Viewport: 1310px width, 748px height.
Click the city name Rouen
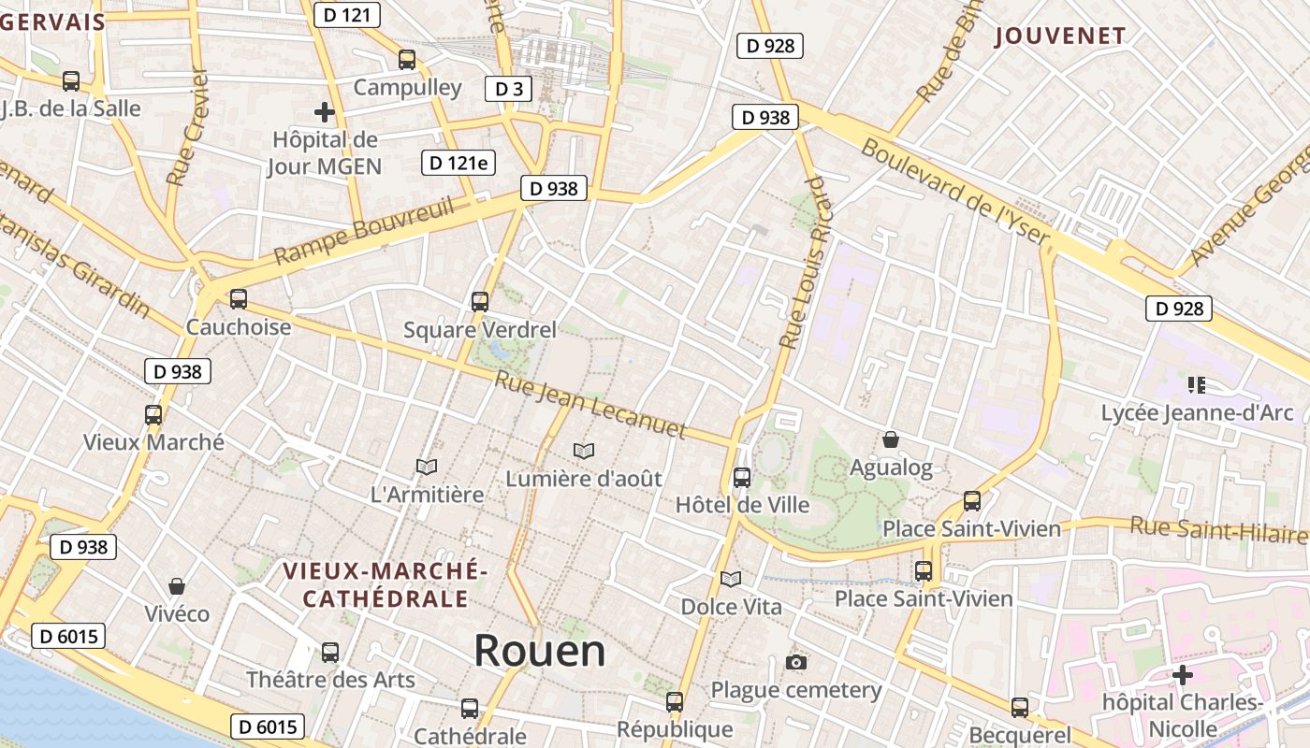pos(540,650)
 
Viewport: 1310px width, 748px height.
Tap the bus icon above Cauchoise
pos(239,299)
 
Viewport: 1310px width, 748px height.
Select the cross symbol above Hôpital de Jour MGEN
pos(325,113)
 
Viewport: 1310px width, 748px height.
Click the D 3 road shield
pos(508,89)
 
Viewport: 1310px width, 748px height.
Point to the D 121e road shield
pos(458,163)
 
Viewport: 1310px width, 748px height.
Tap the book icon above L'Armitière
pos(427,466)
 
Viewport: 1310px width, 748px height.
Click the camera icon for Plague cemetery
pos(796,662)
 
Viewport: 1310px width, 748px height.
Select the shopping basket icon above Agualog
pos(891,439)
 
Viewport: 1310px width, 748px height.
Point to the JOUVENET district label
pos(1060,36)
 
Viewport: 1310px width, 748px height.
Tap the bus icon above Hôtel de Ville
pos(742,477)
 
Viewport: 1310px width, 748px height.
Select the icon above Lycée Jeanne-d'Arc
pos(1196,384)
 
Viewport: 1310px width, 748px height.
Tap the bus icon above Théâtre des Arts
pos(330,652)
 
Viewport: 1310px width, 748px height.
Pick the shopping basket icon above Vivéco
pos(177,586)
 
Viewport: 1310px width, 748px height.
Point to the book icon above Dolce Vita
pos(731,579)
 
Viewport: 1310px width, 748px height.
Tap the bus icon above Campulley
pos(407,59)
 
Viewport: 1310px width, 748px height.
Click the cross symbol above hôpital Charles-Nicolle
pos(1183,674)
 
